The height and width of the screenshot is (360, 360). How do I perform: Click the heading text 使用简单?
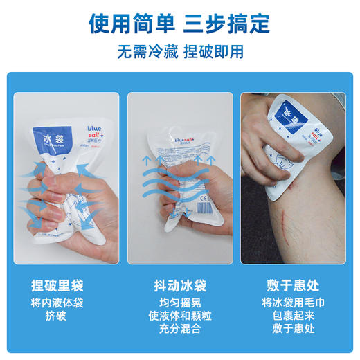point(131,24)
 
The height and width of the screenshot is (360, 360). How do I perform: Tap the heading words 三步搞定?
point(228,24)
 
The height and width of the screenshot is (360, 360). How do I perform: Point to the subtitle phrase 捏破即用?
point(215,53)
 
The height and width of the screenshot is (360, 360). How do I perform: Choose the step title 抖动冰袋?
point(179,285)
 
